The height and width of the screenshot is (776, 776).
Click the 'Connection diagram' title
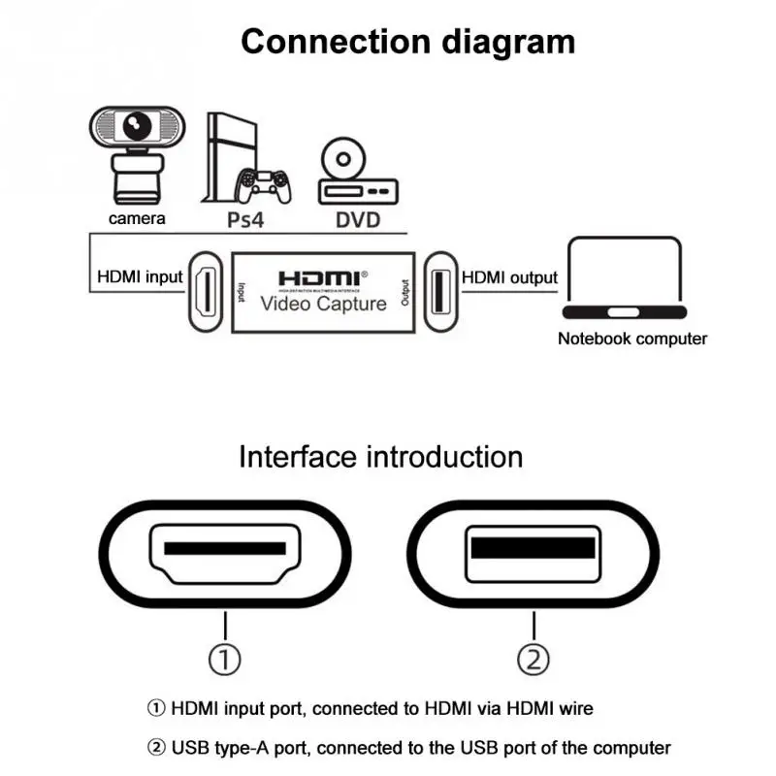pos(407,42)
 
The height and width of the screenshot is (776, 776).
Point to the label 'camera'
pos(137,218)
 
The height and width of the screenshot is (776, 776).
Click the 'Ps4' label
pos(244,219)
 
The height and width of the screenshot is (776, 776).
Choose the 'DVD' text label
pos(358,219)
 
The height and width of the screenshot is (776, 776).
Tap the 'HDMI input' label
pos(140,277)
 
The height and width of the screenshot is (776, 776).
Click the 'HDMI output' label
pos(509,277)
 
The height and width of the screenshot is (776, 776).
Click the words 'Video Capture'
pos(323,304)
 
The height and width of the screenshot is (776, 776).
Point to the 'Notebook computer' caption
pos(632,339)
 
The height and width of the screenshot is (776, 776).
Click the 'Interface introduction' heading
pos(380,456)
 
